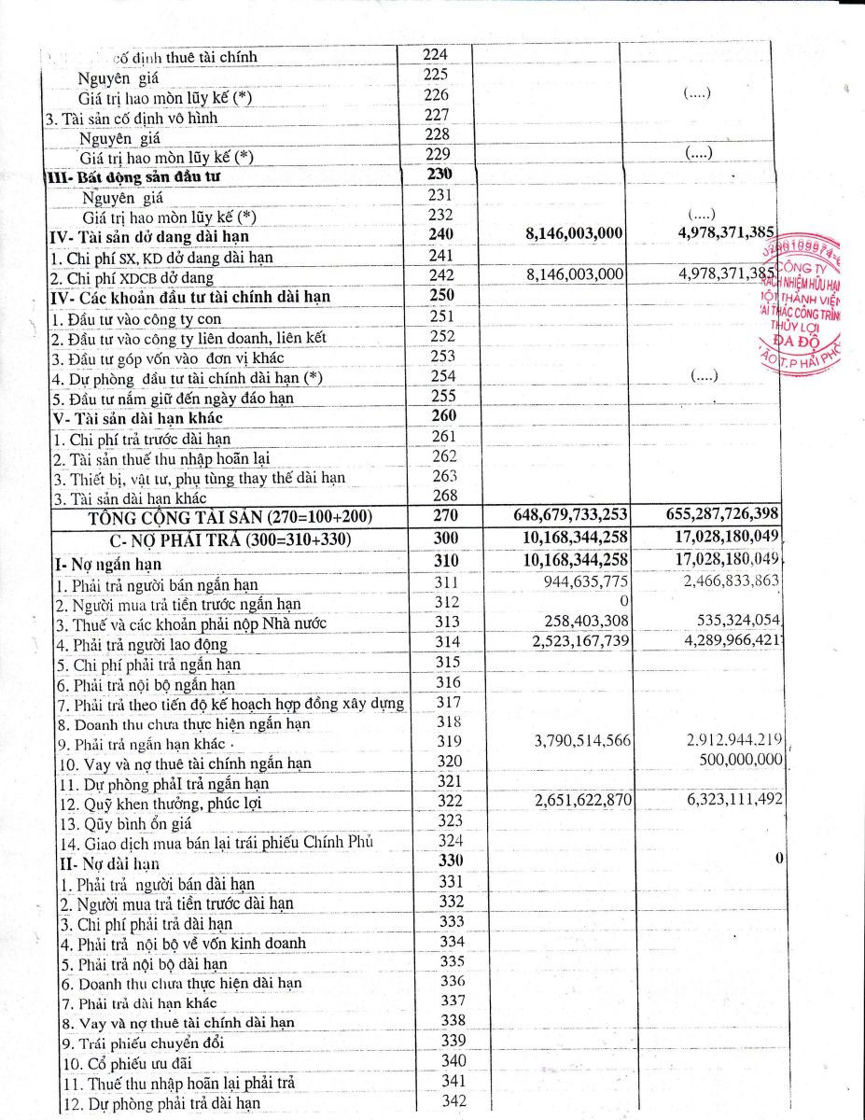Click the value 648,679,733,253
[570, 515]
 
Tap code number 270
[442, 515]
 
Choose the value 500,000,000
[741, 760]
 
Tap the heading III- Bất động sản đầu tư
[135, 175]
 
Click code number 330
[451, 861]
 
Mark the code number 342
[453, 1101]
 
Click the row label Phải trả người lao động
[140, 645]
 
